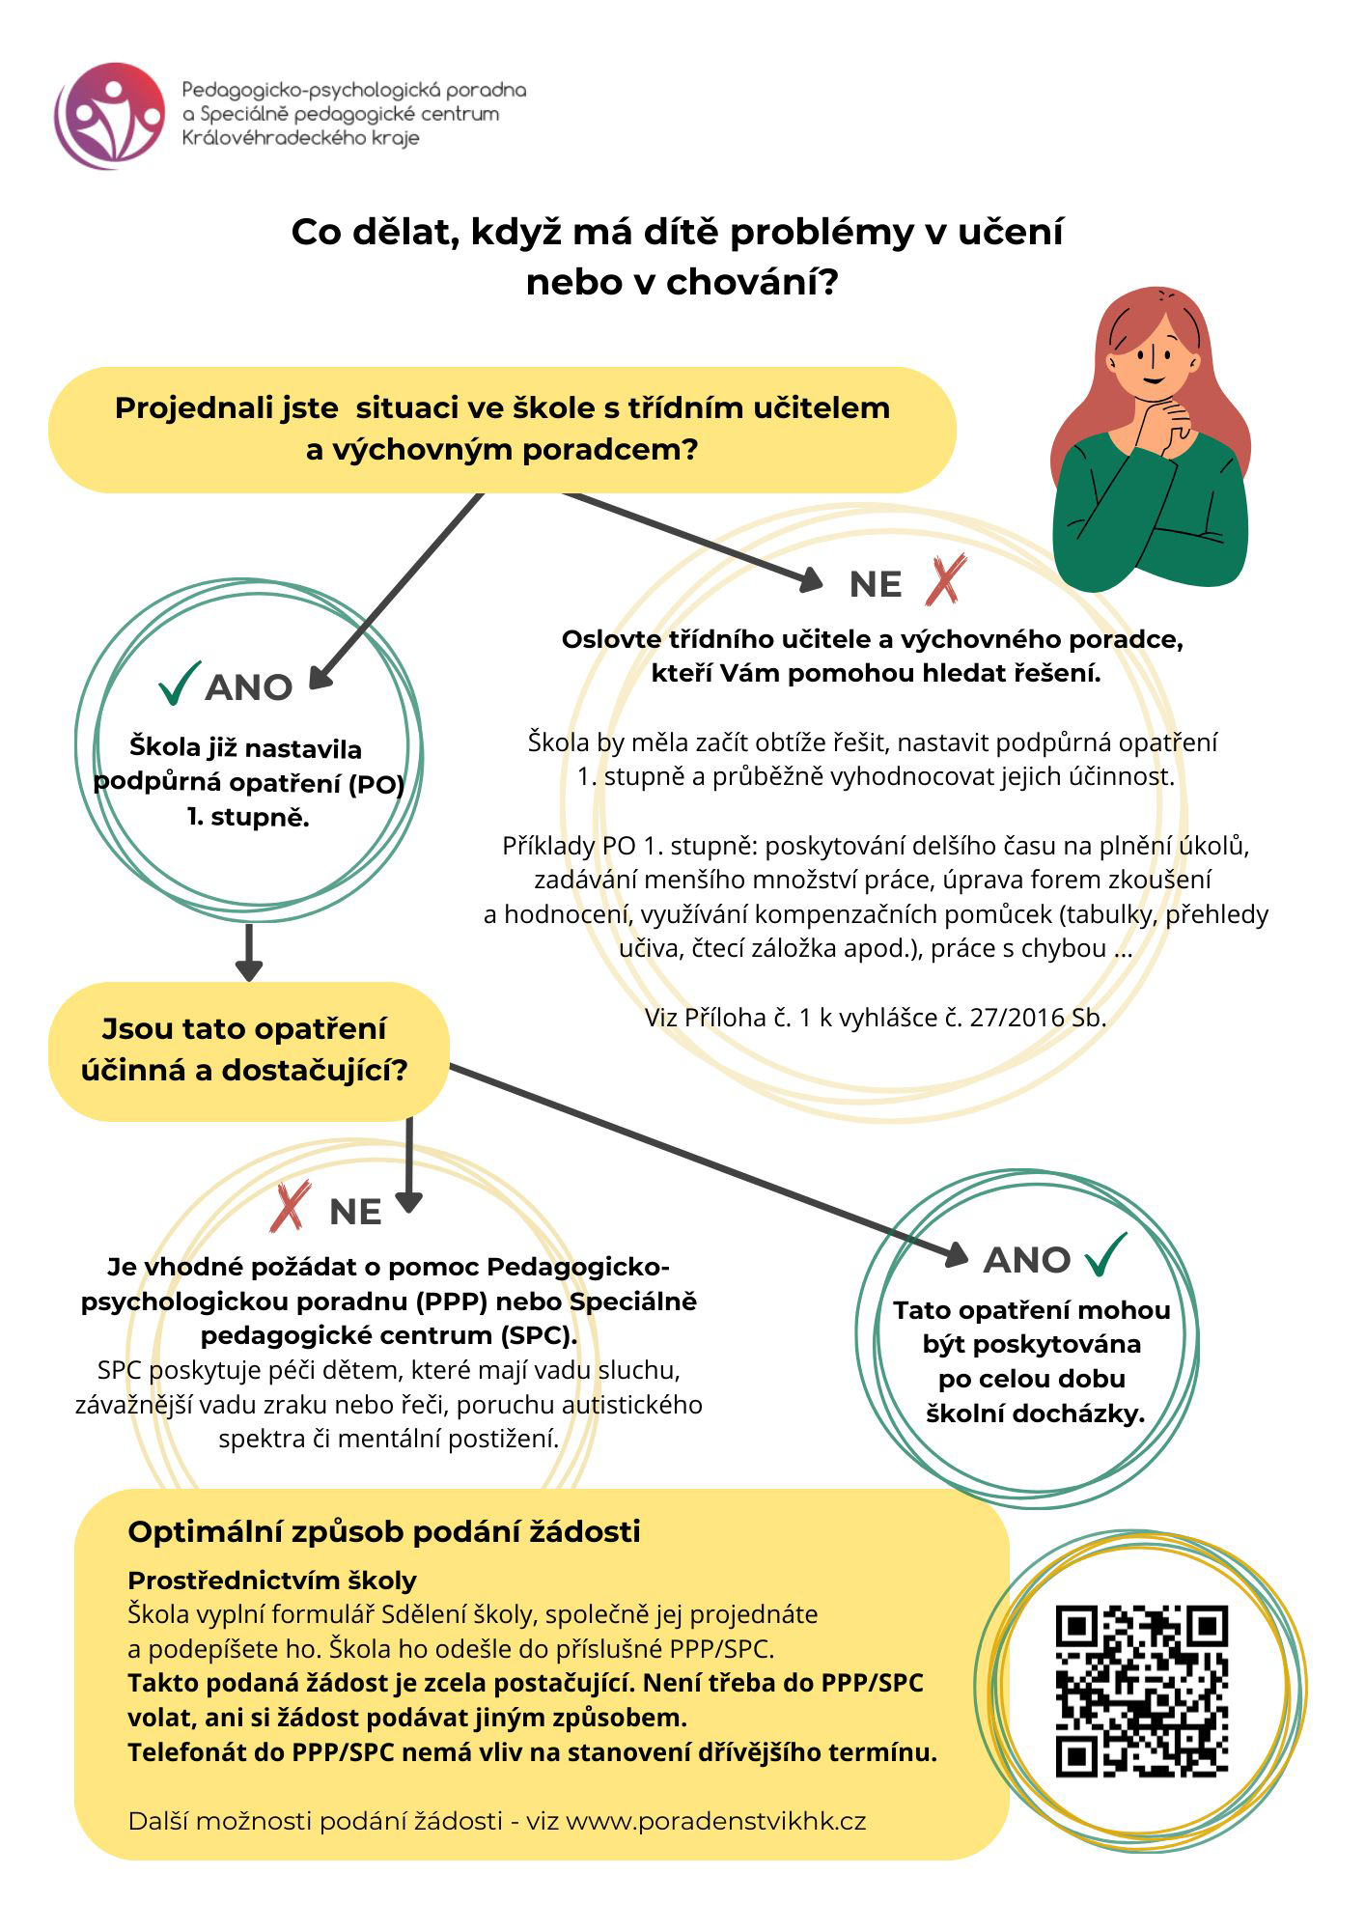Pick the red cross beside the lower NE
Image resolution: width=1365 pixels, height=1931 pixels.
(291, 1207)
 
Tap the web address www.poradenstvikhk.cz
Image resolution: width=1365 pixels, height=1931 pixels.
(715, 1821)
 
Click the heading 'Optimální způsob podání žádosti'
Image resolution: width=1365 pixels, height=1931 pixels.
(383, 1532)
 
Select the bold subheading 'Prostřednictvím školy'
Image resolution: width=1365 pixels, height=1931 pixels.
(272, 1581)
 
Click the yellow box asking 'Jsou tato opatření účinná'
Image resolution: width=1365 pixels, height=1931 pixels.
(248, 1050)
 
